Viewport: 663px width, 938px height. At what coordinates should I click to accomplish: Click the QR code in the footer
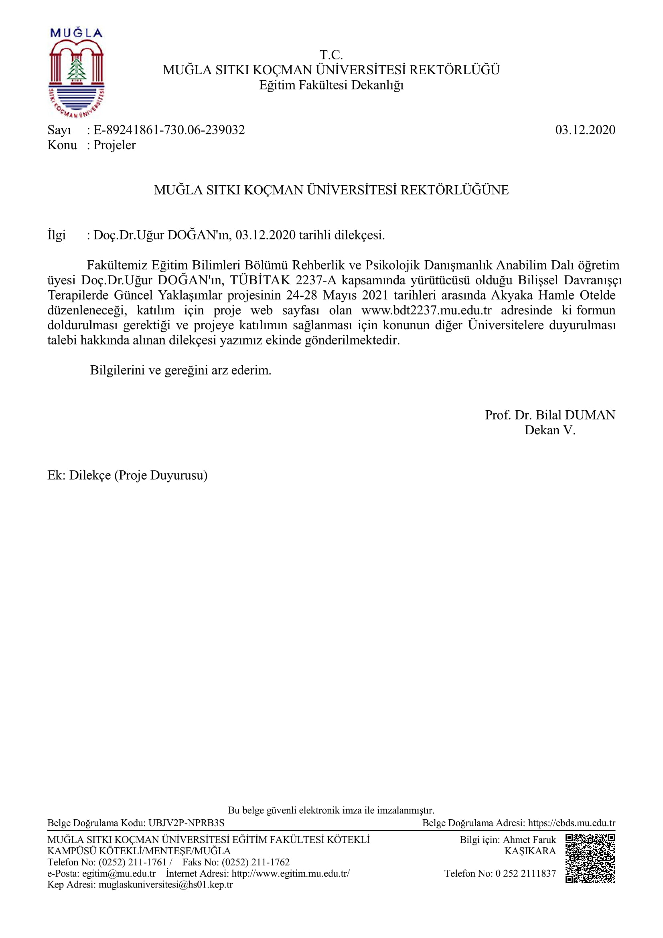coord(590,859)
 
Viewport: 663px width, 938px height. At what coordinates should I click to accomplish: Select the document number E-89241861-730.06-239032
coord(169,130)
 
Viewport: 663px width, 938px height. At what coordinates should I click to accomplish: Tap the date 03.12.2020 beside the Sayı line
coord(584,130)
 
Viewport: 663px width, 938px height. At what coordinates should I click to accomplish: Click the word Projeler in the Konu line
coord(114,145)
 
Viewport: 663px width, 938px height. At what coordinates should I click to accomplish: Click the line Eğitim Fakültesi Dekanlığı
coord(331,85)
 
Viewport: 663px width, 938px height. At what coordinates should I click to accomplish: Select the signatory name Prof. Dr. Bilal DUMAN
coord(549,415)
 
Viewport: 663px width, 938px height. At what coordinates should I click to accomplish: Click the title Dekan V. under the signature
coord(549,430)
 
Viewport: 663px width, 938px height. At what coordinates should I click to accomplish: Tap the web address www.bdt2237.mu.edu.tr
coord(426,310)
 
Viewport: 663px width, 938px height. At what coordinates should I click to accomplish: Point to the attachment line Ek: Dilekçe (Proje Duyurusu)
coord(128,475)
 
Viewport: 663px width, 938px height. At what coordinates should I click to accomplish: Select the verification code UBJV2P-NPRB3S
coord(186,823)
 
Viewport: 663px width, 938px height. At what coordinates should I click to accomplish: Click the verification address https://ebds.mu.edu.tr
coord(571,823)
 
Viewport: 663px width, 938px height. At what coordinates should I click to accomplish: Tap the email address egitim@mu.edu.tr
coord(118,873)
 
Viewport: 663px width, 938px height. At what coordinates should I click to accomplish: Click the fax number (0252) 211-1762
coord(255,862)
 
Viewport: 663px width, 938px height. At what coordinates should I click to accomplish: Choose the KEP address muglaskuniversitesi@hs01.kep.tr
coord(165,885)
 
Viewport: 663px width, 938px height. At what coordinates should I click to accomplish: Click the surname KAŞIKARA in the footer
coord(530,851)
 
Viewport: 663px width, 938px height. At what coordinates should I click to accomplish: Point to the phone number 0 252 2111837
coord(525,873)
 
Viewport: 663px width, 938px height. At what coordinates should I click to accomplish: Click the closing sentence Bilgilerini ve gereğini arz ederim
coord(180,371)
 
